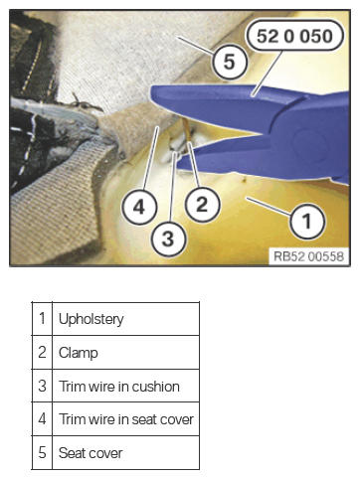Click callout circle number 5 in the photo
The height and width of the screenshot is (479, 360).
[230, 62]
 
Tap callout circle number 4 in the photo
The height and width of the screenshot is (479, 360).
[139, 208]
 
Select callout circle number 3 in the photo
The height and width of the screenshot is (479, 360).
[168, 239]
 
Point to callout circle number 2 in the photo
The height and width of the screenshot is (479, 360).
[202, 205]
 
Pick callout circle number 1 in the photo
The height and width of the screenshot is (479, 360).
[307, 221]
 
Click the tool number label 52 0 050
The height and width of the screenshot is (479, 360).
[294, 36]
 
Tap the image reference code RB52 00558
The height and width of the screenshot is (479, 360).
[308, 256]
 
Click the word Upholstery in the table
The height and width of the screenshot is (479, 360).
[91, 320]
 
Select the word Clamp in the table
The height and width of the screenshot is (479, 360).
[79, 353]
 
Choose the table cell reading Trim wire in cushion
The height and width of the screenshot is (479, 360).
[125, 386]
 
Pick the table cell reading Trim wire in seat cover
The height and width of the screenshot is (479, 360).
[125, 419]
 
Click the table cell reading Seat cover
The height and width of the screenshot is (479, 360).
[125, 453]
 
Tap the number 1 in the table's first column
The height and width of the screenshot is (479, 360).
[42, 318]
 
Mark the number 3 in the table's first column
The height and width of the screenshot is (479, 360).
[42, 386]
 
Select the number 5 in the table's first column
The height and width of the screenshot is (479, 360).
[42, 453]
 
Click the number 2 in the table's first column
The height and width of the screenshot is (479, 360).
[42, 352]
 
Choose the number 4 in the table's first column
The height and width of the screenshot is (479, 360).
[42, 419]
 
